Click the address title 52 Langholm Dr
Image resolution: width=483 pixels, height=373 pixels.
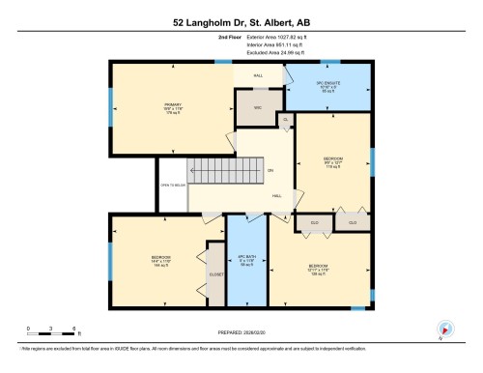click(x=241, y=21)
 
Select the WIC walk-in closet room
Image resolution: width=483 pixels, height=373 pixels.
click(x=258, y=106)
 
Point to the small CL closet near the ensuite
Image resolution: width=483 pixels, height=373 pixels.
click(x=285, y=119)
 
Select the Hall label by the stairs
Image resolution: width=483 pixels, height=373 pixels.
click(x=276, y=194)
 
